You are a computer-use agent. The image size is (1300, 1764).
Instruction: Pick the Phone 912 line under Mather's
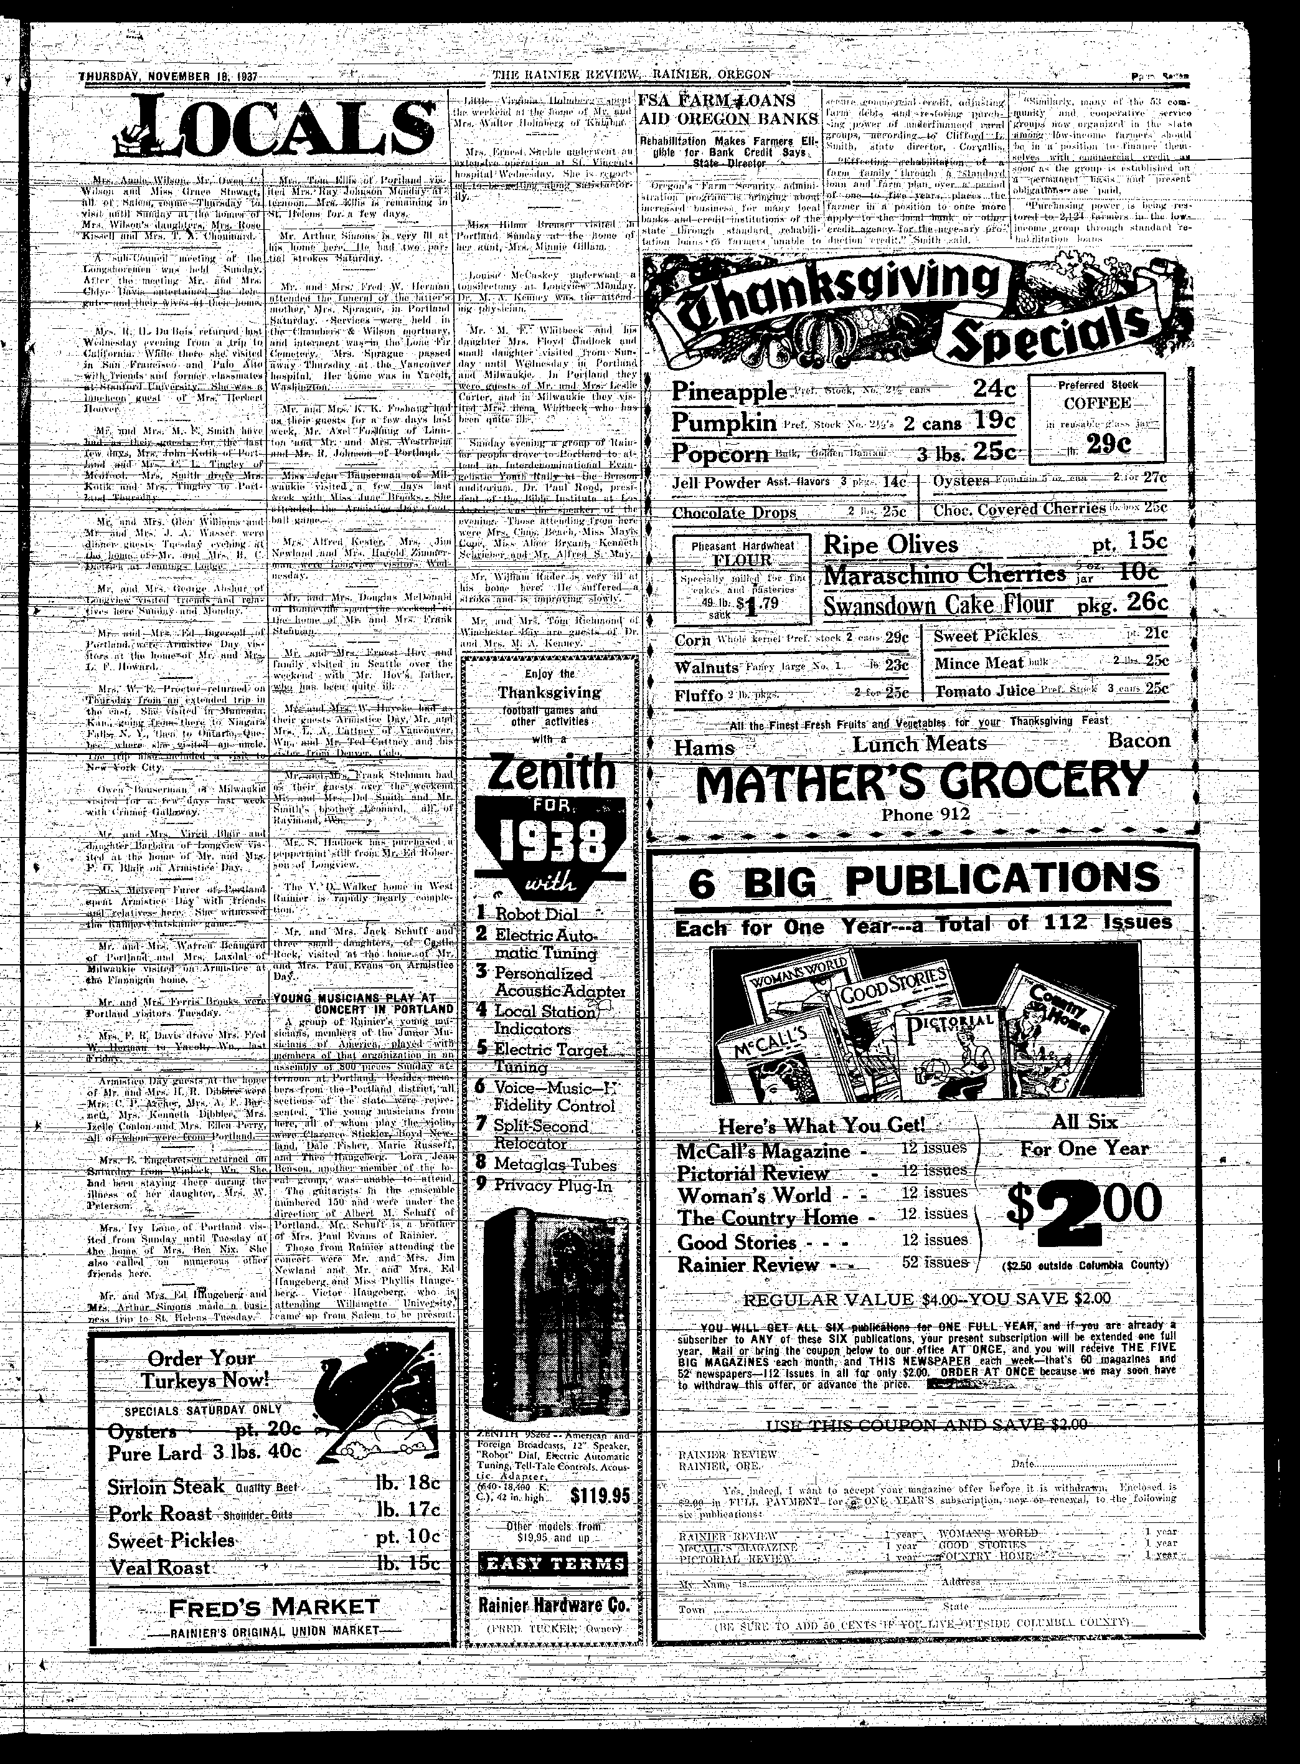pyautogui.click(x=921, y=815)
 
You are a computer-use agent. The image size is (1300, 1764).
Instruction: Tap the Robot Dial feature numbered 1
pyautogui.click(x=535, y=914)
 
